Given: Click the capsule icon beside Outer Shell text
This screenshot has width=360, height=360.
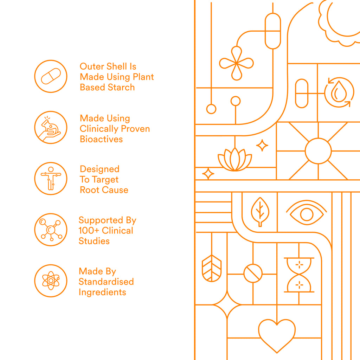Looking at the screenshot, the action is pos(51,76).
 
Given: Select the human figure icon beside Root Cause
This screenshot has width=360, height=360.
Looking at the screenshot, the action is pos(51,179).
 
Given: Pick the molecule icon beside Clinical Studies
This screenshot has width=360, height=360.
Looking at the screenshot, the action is pos(51,230).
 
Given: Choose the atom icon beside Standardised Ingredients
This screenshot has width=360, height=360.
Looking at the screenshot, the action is pos(51,281).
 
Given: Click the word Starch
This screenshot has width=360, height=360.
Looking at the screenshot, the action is pos(121,88).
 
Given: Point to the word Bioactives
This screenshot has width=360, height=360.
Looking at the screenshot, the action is pos(101,139).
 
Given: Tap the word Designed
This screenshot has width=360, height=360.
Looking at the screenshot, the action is pos(99,169).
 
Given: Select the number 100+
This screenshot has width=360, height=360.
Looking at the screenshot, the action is pos(89,231).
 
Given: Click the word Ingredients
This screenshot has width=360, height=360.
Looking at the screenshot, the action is pos(102,292).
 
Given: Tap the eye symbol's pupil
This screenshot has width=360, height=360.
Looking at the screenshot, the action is pos(307,215).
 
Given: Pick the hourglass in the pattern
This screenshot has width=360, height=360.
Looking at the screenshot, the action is pos(299,275).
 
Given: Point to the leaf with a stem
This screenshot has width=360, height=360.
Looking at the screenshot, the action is pos(260,212).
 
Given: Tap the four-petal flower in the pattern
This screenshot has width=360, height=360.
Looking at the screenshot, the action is pos(237,63).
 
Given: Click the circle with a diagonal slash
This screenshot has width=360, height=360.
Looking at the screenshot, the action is pos(253,274).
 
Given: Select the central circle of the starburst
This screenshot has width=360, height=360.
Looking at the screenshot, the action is pos(318,151).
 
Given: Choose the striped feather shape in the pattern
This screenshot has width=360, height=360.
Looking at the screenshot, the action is pos(212,268).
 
